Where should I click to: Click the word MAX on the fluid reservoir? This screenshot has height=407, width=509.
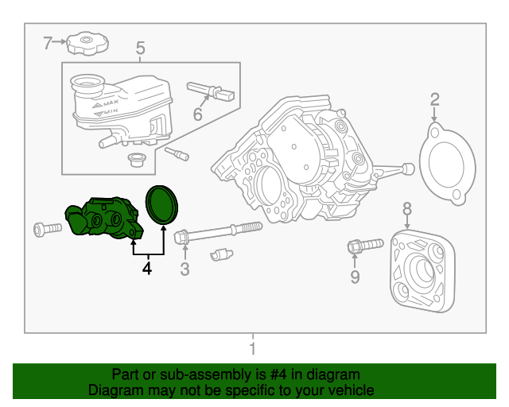pos(111,104)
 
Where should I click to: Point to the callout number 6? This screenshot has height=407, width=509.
pos(198,114)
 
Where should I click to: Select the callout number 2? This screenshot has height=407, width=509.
pos(435,99)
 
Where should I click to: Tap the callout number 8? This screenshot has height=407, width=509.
pos(407,208)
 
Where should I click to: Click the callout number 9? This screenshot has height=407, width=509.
pos(355,277)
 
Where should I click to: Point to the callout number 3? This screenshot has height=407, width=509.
pos(185,269)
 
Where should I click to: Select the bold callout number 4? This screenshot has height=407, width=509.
pos(146,269)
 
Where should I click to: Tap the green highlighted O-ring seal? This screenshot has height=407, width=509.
pos(164,204)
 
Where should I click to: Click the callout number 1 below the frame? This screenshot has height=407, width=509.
pos(252,349)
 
